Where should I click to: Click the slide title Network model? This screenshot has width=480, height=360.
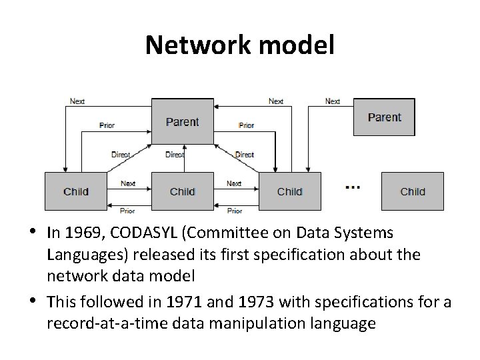coord(240,45)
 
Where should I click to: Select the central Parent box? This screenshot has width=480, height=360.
coord(182,121)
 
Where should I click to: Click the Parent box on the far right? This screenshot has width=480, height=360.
coord(384,117)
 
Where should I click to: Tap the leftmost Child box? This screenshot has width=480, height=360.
coord(76,191)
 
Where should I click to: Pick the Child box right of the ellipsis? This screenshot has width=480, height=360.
coord(412,191)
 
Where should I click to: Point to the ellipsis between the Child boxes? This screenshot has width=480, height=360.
coord(353,187)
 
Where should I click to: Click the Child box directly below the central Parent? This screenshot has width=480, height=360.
coord(182,191)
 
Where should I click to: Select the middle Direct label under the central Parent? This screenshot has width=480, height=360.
coord(175,155)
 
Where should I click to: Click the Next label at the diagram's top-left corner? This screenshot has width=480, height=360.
coord(77,101)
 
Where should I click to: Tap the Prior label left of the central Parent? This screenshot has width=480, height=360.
coord(107,125)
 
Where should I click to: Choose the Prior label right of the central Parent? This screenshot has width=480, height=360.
coord(246,125)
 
